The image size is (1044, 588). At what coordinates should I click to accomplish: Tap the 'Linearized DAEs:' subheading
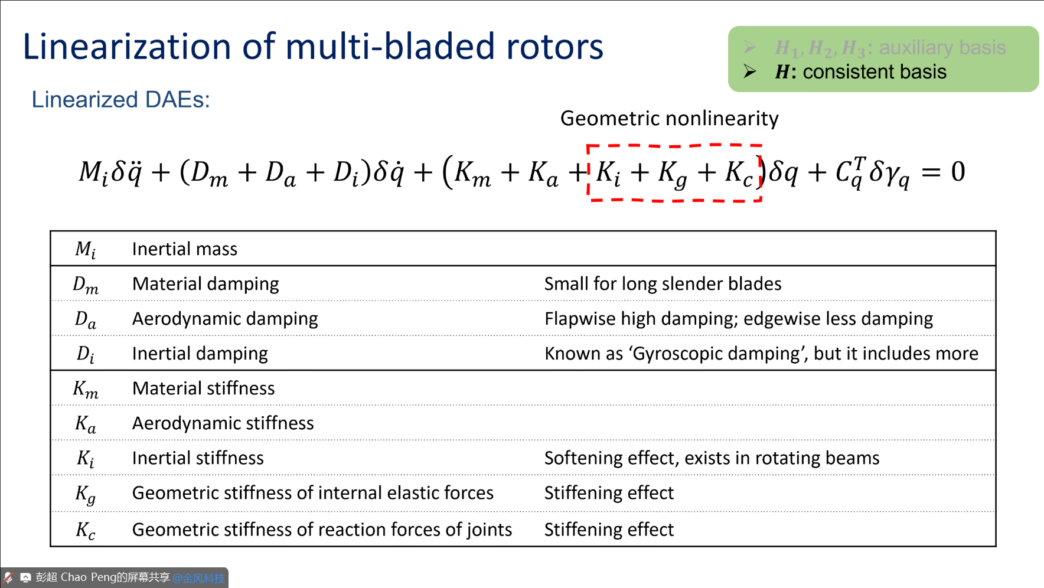point(120,100)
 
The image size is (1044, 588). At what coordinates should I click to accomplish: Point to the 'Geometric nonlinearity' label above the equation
point(669,119)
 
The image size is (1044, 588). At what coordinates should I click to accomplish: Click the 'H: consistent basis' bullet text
point(860,72)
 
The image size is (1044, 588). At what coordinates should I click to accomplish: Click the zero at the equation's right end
point(958,172)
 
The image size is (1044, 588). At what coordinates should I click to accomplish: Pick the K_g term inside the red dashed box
point(673,174)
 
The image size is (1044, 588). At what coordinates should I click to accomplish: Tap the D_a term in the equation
point(280,174)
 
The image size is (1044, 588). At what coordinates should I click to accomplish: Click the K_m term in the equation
point(472,174)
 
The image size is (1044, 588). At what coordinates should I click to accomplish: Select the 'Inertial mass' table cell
point(184,249)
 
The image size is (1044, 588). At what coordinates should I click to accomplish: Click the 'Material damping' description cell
point(205,284)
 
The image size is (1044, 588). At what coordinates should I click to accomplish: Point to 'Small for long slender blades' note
point(663,284)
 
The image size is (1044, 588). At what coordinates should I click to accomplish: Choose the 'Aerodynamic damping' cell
point(225,319)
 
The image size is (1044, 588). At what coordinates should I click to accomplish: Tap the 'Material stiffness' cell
point(203,388)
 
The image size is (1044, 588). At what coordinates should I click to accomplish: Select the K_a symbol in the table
point(85,424)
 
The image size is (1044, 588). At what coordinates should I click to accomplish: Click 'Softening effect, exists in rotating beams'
point(712,458)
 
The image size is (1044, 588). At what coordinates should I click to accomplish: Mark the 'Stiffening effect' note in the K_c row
point(609,530)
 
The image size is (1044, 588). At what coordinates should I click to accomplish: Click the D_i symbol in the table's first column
point(85,354)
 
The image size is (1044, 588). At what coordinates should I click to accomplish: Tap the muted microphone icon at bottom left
point(8,577)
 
